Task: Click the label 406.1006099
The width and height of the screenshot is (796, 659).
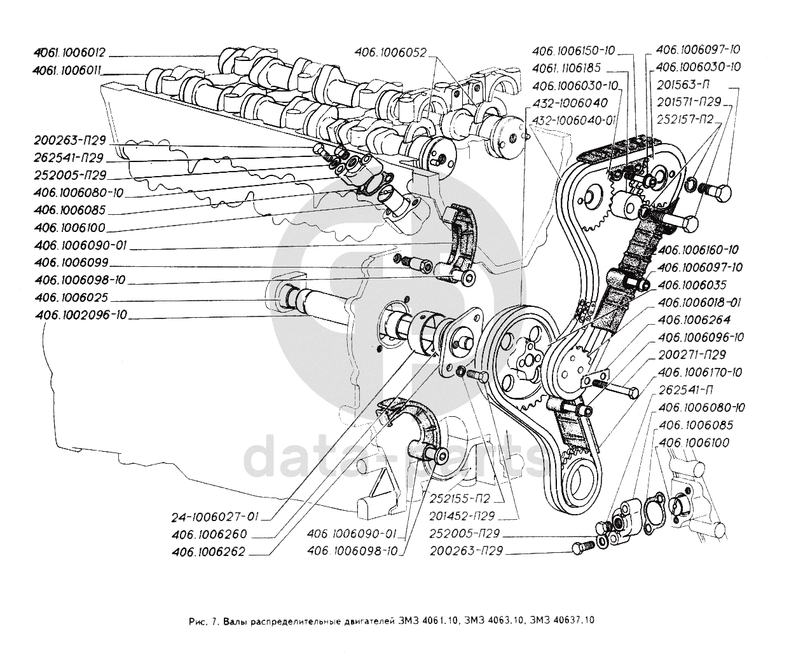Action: click(72, 262)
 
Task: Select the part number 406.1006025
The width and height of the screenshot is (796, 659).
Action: click(72, 297)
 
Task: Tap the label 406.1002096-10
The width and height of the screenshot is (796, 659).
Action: click(81, 315)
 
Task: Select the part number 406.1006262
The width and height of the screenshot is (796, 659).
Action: click(208, 552)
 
